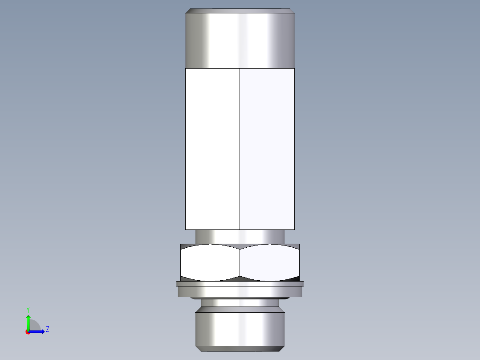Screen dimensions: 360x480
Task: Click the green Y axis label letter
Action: tap(28, 309)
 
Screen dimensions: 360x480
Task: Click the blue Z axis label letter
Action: tap(47, 329)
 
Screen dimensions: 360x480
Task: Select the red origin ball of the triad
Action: tap(28, 332)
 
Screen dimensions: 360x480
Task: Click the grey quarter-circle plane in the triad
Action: tap(35, 326)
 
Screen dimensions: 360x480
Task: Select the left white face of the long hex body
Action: tap(212, 149)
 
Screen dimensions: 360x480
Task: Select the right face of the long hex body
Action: tap(267, 149)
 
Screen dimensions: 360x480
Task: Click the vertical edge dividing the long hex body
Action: tap(240, 149)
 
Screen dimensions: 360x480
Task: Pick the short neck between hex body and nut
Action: tap(240, 236)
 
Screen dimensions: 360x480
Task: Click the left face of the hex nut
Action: tap(210, 263)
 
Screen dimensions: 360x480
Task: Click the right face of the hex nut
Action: tap(269, 263)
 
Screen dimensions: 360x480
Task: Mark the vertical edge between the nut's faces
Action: tap(240, 263)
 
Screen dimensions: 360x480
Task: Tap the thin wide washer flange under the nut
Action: tap(240, 283)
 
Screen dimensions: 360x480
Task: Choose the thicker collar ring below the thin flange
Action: tap(240, 291)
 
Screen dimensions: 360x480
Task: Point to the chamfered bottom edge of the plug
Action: tap(240, 348)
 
